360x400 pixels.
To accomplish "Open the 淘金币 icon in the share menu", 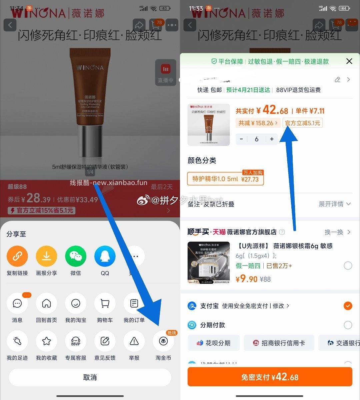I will point(163,341).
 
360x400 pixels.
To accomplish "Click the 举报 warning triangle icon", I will point(134,341).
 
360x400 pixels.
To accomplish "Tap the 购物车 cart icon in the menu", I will point(105,303).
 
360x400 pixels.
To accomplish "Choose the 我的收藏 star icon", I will point(46,341).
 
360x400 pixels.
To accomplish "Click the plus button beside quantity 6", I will point(272,139).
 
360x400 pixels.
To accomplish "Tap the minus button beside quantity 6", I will point(241,139).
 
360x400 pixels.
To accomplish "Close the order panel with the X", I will point(349,61).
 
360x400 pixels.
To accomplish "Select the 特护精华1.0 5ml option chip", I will point(225,179).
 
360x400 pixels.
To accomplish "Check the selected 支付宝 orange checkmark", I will point(348,306).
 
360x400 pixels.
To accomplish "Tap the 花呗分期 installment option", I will point(214,343).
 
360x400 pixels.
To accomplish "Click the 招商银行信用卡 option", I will point(279,343).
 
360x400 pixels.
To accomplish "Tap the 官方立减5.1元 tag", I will point(302,123).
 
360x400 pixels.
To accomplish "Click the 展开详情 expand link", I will point(334,204).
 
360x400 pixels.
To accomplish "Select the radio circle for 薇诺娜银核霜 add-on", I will point(348,266).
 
